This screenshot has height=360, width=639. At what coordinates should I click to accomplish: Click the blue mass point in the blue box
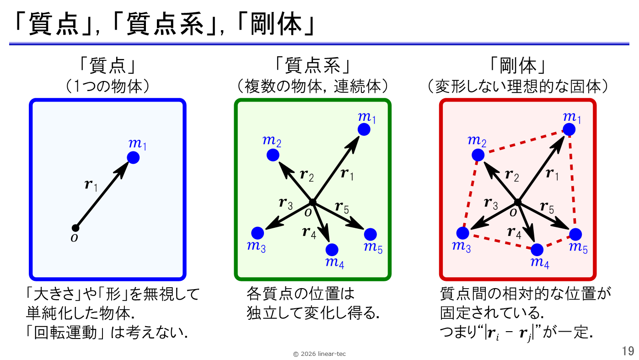[x=133, y=158]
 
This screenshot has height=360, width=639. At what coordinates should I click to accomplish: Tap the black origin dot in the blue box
[x=75, y=228]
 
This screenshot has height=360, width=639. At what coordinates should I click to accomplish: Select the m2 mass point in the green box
[x=273, y=155]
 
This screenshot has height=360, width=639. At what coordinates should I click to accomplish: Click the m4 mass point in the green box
[x=332, y=250]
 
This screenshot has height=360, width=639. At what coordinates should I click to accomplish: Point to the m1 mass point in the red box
[x=569, y=129]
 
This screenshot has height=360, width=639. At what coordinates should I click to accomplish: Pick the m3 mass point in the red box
[x=463, y=233]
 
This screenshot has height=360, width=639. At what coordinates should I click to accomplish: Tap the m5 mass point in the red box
[x=575, y=234]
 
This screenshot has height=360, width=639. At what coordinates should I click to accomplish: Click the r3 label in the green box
[x=286, y=203]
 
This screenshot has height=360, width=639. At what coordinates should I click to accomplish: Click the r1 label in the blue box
[x=91, y=185]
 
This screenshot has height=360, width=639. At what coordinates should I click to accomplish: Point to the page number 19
[x=628, y=351]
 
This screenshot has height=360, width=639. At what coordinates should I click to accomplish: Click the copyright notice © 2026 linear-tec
[x=319, y=354]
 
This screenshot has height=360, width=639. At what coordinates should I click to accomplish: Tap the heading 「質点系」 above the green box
[x=313, y=66]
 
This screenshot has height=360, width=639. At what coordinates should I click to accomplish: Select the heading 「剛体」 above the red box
[x=518, y=66]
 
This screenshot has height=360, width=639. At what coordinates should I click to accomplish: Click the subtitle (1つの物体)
[x=107, y=86]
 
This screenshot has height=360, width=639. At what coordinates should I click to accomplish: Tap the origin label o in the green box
[x=308, y=212]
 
